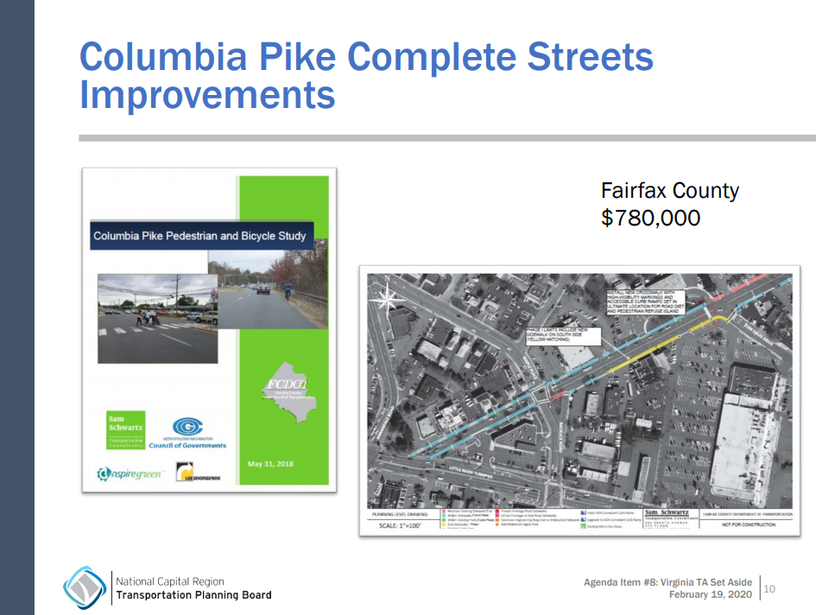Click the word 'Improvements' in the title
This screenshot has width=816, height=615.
point(207,94)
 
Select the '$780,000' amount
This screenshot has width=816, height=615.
point(650,219)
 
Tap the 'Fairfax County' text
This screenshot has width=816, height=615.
point(670,191)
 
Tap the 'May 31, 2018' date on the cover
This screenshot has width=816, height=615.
point(270,464)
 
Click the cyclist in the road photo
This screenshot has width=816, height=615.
point(288,289)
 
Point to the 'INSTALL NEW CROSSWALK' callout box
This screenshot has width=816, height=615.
point(643,303)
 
